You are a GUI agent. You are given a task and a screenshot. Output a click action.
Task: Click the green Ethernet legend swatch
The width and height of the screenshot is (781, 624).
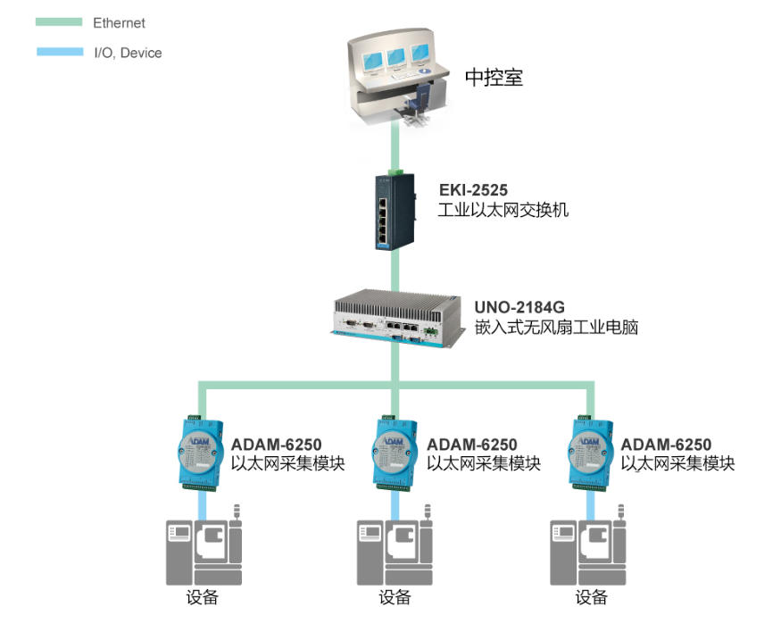[59, 22]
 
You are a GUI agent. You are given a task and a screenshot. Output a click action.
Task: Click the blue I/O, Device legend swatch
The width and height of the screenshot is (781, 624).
[60, 52]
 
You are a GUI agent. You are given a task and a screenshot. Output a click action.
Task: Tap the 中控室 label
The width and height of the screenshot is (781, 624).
[494, 77]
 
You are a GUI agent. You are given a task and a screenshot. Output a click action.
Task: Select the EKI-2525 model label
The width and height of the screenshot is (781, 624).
[473, 190]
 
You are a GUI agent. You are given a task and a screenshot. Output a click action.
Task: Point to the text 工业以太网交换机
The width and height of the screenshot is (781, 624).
[503, 210]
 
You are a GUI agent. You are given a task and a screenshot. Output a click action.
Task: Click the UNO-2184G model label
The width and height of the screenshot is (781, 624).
[519, 307]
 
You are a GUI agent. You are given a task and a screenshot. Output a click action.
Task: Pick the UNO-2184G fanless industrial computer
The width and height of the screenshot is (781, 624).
[397, 319]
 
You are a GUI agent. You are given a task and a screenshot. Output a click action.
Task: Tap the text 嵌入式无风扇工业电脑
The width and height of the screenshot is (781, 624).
[556, 328]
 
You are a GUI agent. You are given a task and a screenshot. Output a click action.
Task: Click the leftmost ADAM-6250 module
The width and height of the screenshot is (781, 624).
[200, 453]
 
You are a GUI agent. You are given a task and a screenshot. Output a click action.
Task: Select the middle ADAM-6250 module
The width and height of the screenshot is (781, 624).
[395, 453]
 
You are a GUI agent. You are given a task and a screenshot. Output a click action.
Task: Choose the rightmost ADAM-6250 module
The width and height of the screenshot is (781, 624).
[590, 453]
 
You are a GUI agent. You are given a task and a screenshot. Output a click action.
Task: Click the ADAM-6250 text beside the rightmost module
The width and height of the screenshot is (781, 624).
[666, 445]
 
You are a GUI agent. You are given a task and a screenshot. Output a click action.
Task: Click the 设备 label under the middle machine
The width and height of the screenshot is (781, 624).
[395, 597]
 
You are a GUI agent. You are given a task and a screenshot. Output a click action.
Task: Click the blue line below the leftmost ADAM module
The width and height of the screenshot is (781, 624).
[203, 506]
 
